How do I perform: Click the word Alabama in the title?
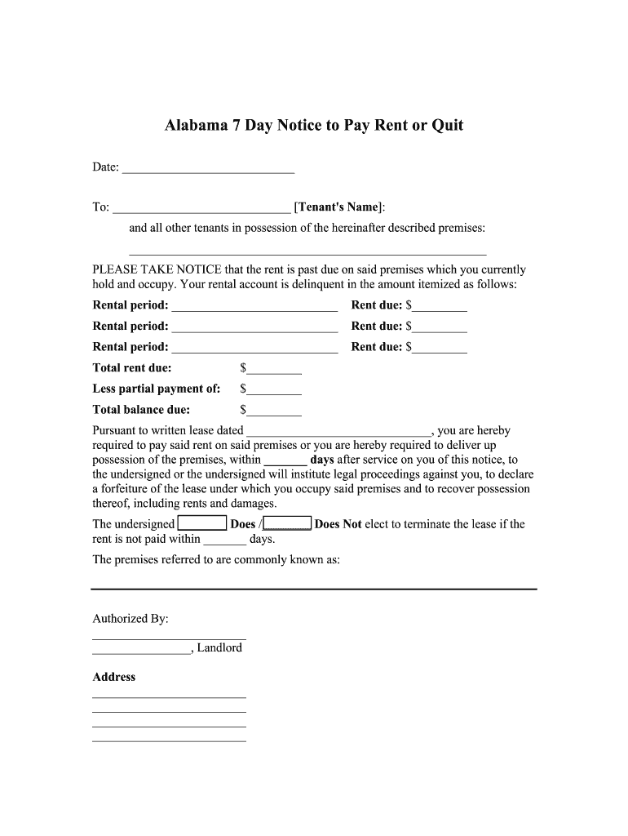tap(195, 126)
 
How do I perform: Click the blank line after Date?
tap(208, 169)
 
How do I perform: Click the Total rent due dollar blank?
tap(274, 369)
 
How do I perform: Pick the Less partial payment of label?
tap(157, 389)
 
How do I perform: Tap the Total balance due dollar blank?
tap(274, 411)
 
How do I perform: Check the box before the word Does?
tap(202, 524)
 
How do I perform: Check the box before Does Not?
tap(288, 524)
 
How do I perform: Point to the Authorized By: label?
tap(130, 619)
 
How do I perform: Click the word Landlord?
tap(219, 648)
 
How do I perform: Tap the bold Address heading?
tap(114, 677)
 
